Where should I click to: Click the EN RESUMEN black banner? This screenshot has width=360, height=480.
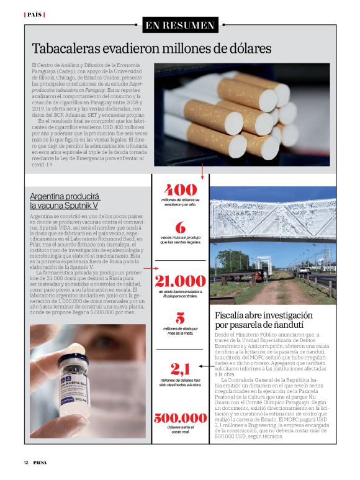point(180,25)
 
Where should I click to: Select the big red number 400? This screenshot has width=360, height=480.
point(180,189)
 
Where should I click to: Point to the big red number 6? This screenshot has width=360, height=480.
point(180,228)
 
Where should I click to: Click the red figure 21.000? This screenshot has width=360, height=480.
point(180,281)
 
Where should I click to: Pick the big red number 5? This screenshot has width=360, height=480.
point(180,318)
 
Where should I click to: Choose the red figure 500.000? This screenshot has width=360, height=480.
point(180,419)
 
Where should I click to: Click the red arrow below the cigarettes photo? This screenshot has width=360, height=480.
point(202,171)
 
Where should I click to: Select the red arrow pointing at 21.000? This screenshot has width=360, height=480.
point(148,269)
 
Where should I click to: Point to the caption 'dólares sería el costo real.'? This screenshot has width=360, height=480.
point(180,431)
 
